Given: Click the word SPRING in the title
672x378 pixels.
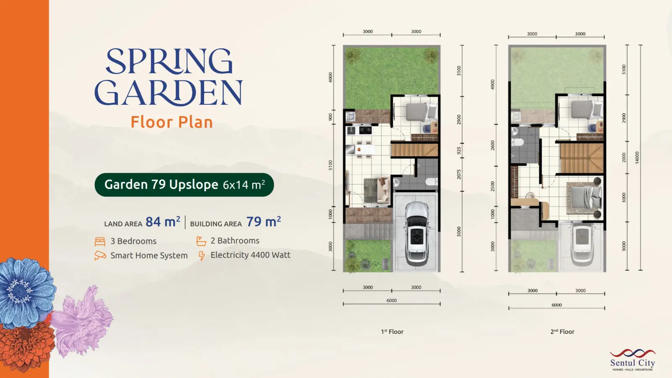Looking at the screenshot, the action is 169,61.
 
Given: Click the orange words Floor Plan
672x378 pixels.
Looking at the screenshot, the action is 172,122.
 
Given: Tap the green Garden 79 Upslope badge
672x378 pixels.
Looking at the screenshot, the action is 184,185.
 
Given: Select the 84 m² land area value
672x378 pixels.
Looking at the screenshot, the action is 163,222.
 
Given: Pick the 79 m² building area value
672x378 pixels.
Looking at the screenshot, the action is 264,222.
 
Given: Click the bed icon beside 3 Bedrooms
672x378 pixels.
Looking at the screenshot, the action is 100,241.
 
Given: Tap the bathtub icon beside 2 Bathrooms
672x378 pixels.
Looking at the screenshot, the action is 201,241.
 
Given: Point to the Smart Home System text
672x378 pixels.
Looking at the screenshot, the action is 149,256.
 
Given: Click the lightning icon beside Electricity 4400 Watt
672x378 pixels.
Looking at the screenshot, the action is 202,256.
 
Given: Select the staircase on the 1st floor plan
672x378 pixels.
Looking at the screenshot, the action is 414,150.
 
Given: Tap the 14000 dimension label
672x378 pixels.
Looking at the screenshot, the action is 637,157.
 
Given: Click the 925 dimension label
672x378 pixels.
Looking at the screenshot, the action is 459,151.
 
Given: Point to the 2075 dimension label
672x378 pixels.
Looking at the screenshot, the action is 459,174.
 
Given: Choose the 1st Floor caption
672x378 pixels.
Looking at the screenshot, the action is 392,331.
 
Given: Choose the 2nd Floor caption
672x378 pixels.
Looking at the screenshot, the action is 562,331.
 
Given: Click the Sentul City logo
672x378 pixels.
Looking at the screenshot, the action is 633,359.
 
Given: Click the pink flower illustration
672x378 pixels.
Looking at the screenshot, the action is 81,321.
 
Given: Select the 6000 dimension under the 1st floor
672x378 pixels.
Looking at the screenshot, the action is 391,301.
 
